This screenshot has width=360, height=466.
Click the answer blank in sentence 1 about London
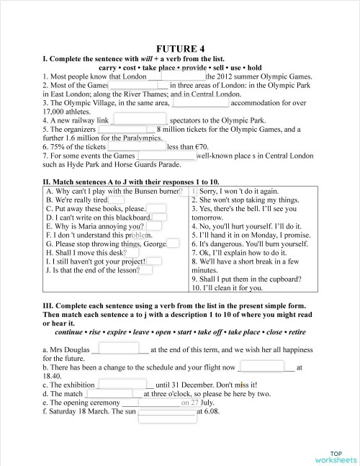pyautogui.click(x=182, y=76)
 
